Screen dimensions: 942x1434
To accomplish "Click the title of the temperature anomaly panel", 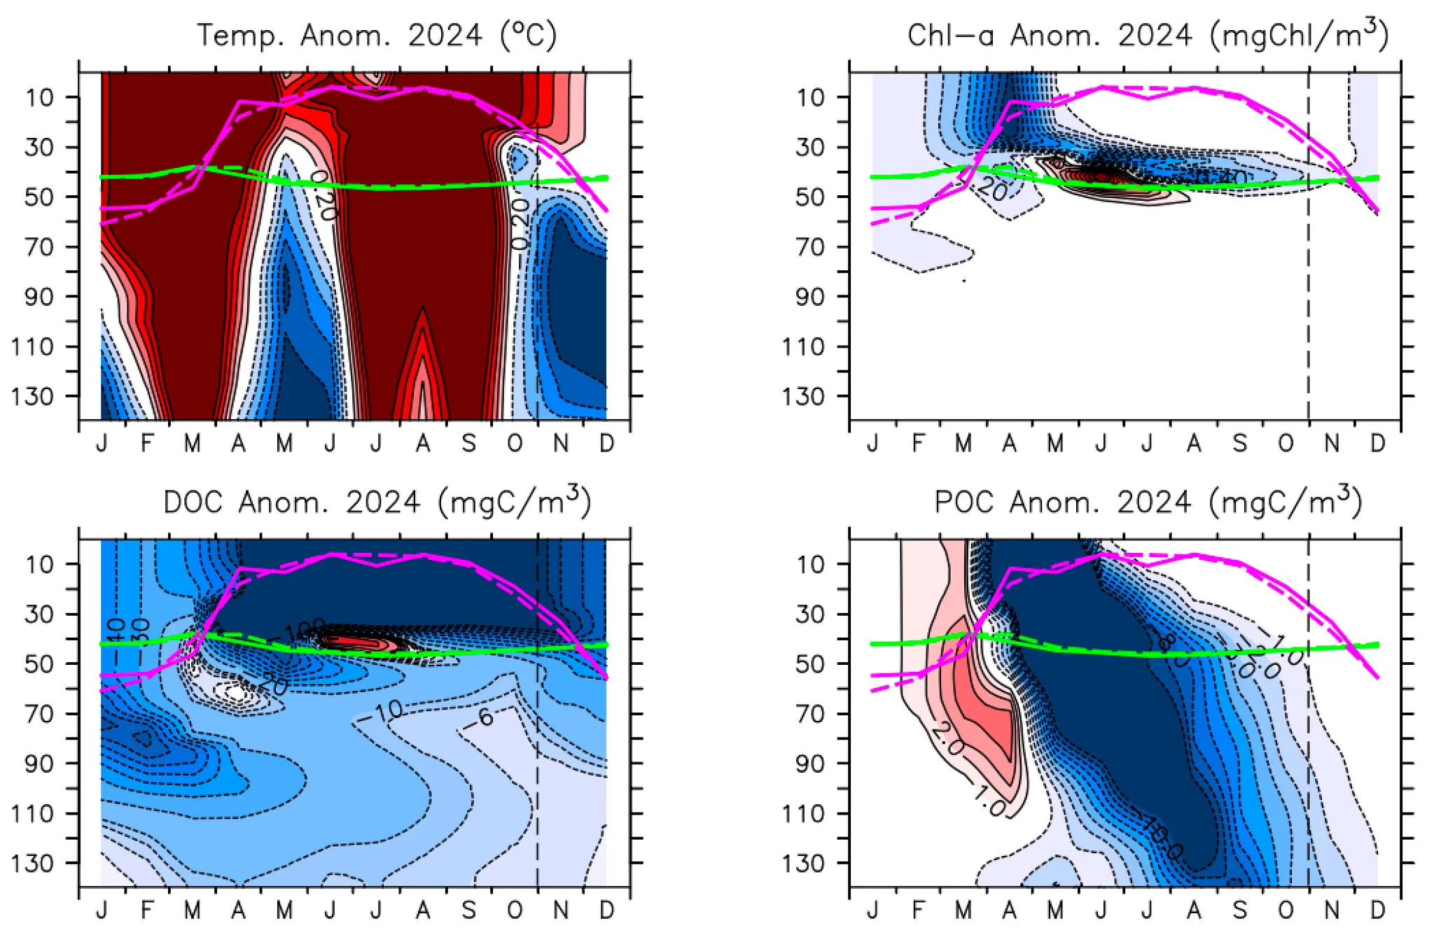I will (376, 35).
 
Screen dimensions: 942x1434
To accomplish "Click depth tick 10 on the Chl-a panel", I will (810, 97).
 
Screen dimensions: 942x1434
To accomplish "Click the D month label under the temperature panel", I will (606, 443).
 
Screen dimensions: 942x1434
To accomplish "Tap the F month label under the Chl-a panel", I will (918, 443).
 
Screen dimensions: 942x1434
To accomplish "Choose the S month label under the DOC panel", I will (468, 911).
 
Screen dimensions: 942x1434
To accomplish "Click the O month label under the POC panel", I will (1286, 911).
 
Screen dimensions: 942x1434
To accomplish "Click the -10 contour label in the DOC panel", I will (384, 712).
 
